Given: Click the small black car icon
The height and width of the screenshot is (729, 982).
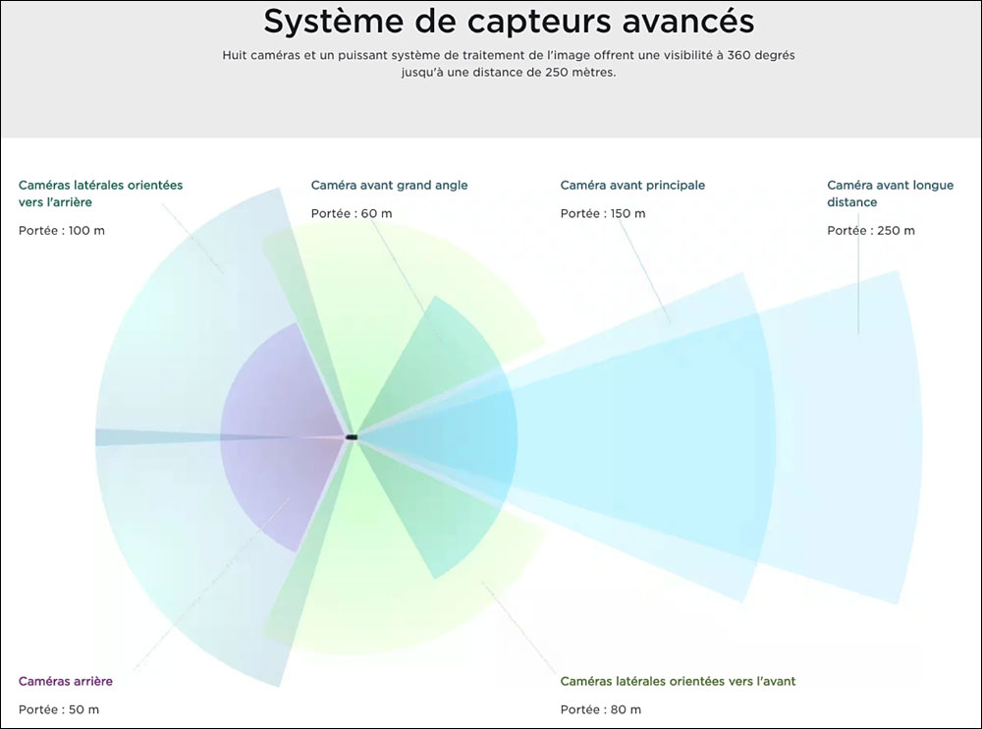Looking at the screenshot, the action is click(352, 437).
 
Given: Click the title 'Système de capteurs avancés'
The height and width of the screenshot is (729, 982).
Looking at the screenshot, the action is click(509, 22).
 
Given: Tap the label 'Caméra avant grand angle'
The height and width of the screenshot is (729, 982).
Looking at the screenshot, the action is click(389, 185).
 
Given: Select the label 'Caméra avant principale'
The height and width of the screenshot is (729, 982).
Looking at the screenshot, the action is click(632, 185).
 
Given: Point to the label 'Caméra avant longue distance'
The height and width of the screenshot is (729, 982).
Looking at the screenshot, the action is click(890, 194).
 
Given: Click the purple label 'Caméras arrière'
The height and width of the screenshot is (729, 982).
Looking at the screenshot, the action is click(66, 682).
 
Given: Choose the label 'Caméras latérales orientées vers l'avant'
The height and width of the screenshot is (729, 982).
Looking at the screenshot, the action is click(678, 682).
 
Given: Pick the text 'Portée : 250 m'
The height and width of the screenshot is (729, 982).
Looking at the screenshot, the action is click(870, 231).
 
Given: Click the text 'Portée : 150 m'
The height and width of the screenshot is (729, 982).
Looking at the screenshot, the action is click(603, 214).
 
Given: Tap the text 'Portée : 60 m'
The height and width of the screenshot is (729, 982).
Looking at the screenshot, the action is click(352, 214).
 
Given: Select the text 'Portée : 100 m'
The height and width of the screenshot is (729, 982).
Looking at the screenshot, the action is click(61, 231).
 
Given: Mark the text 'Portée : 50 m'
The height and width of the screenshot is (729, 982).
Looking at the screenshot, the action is click(59, 709).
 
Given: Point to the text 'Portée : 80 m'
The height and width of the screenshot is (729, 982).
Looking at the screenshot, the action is click(601, 709).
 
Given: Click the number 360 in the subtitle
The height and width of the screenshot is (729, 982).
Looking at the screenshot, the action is click(739, 55).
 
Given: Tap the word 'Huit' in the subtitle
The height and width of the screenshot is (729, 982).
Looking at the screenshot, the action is click(235, 55).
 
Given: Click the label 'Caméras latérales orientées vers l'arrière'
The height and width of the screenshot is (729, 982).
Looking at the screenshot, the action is click(100, 194).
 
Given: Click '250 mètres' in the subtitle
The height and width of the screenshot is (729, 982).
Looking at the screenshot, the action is click(580, 72).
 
